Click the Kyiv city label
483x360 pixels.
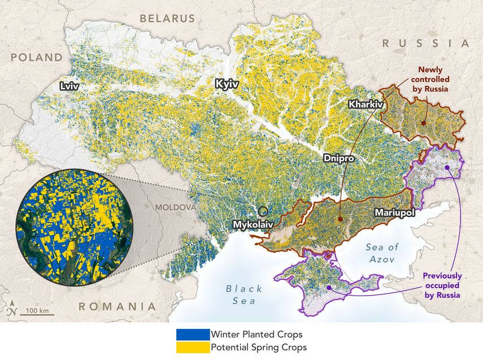point(227,84)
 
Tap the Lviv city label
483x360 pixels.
point(69,86)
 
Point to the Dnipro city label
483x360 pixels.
point(338,159)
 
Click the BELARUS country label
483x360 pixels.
point(167,18)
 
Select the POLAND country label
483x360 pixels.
point(36,57)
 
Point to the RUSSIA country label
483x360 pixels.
point(426,43)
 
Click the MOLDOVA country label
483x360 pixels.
point(176,207)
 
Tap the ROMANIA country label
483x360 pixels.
point(116,306)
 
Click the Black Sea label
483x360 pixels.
point(244,294)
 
